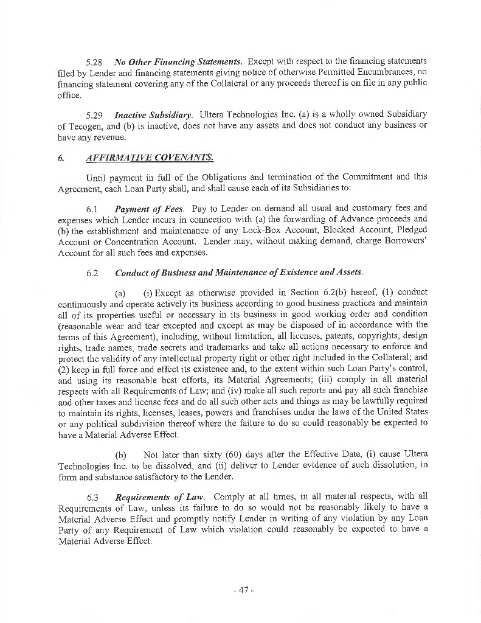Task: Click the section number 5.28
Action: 94,61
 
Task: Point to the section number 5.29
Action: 94,114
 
